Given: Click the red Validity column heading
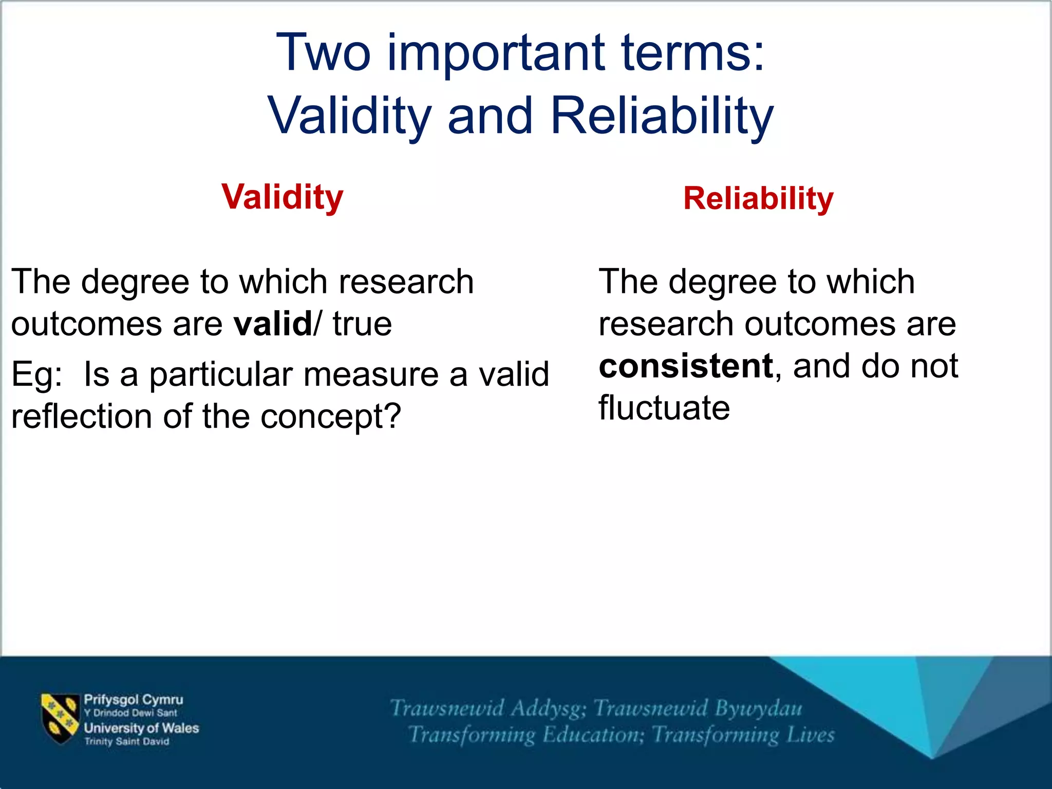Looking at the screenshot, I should pos(282,197).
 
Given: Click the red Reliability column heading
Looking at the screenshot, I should pos(758,199).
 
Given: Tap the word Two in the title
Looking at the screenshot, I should pos(323,53).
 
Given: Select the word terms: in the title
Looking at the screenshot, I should pos(693,53).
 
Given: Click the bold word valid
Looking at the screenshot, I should pos(272,324).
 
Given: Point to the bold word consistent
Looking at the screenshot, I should pos(686,366).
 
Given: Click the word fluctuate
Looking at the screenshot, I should pos(664,408).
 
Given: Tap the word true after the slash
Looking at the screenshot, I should pos(362,324).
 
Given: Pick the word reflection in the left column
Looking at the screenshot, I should pos(82,417).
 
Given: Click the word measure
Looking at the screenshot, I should pos(371,374).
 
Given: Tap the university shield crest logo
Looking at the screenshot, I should pos(60,718).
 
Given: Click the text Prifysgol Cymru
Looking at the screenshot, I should pos(134,700).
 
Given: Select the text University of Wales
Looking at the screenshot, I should pos(141,728).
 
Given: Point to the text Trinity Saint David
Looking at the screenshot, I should pos(126,742).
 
